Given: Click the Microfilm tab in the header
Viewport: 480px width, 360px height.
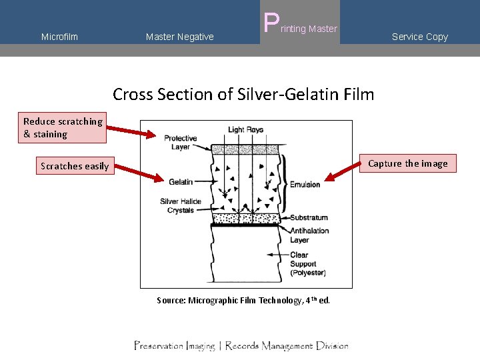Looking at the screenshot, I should (x=59, y=37).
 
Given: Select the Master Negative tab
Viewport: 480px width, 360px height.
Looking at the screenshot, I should (x=179, y=37).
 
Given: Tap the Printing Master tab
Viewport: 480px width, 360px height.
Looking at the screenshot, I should (x=301, y=27).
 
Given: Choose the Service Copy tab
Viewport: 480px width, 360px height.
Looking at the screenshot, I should (x=419, y=37).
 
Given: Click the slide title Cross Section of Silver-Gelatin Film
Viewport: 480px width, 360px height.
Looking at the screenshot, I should (x=243, y=94).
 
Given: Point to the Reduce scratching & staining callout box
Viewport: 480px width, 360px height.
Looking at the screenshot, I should (x=63, y=127).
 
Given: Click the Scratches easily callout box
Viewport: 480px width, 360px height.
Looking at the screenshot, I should (x=74, y=166).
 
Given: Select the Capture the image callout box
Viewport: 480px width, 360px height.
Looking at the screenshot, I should (x=407, y=163).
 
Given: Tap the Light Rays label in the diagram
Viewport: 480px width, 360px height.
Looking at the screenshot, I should (x=245, y=129).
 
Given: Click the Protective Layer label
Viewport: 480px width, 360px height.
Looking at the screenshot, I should (x=180, y=143).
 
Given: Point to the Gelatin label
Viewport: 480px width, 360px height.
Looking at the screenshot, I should (x=181, y=181).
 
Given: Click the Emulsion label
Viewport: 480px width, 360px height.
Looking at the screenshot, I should (x=305, y=185).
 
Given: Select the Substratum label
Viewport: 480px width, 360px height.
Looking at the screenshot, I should (x=309, y=217).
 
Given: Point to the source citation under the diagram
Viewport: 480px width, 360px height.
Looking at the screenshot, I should (x=243, y=300).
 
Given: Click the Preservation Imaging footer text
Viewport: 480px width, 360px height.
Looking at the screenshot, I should (x=241, y=345).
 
